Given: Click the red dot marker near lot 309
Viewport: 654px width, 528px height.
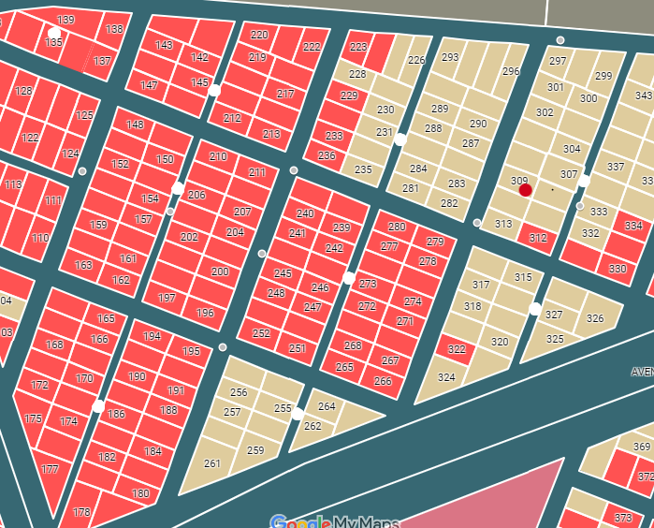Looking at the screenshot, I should pos(526,190).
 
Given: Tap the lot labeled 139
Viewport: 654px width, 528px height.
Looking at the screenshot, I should pos(65,21).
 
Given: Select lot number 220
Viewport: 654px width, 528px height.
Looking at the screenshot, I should pos(259,36).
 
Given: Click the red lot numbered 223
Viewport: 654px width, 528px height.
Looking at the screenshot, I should pos(358,47).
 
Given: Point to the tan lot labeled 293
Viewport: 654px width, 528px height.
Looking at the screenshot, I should pos(450,58).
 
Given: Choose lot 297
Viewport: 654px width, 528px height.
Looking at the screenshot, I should pos(558,62).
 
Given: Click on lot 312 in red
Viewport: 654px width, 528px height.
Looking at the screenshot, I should pos(538,239).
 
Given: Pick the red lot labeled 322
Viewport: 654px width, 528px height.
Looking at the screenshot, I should pos(457,349).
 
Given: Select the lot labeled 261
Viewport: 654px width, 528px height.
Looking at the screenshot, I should pos(212,463).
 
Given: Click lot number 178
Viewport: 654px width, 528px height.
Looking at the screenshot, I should pos(82,511).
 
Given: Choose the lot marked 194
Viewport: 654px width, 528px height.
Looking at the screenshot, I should pos(152,337).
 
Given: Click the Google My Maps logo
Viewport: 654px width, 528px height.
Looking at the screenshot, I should pos(334,521).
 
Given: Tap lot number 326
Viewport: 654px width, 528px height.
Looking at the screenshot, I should pos(595,318).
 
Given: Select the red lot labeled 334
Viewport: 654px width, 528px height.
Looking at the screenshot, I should pos(633,227).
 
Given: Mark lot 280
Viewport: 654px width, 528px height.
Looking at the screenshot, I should pos(397,227).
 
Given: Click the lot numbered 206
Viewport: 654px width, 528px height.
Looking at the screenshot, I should pos(196,195).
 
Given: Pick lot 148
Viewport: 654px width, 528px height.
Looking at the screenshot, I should pos(136,125).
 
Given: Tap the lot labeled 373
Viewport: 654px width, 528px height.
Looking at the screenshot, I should pos(623,518).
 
